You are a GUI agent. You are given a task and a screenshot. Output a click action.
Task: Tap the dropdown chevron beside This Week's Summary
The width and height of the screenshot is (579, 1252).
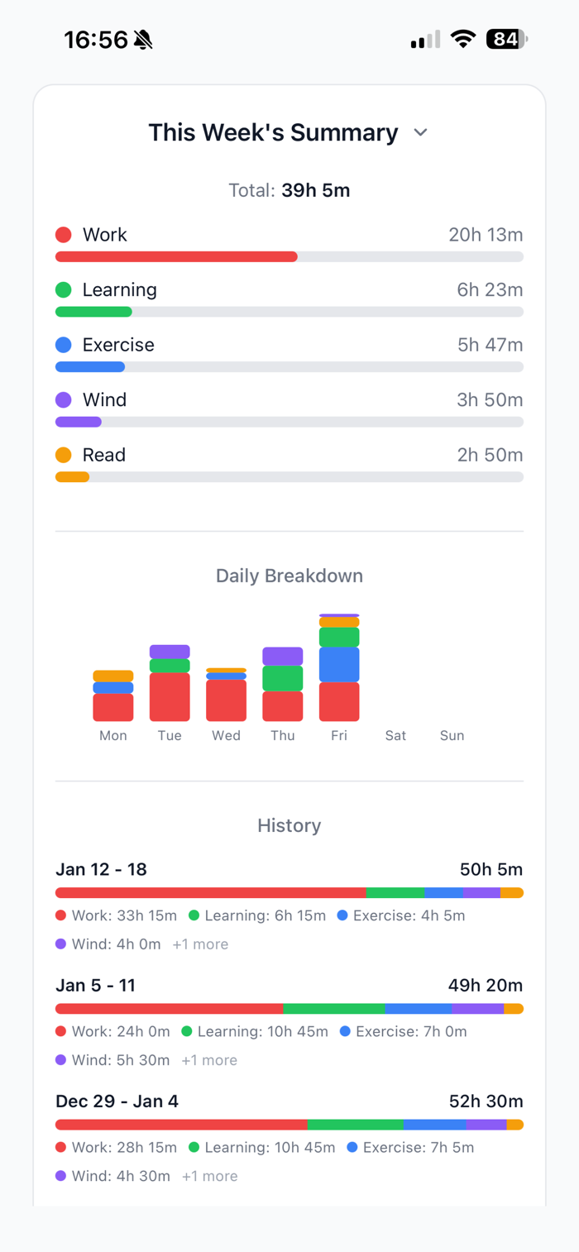(420, 133)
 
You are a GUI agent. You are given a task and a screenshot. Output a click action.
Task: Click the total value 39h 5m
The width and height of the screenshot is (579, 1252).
(315, 190)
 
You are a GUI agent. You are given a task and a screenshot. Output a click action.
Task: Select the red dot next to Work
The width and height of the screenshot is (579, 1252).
(64, 235)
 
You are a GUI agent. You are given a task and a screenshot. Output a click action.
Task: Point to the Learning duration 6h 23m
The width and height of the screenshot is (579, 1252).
(490, 289)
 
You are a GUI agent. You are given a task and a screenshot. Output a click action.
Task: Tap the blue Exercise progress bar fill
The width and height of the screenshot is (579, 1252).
(90, 366)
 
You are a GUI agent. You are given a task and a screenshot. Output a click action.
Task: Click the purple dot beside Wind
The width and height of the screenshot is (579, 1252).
(64, 399)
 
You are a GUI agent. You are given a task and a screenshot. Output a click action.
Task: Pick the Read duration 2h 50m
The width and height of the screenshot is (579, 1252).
(490, 455)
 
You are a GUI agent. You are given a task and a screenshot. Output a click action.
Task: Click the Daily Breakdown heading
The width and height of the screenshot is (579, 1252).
(289, 576)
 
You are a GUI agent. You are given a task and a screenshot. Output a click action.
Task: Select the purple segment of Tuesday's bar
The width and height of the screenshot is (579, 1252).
(170, 652)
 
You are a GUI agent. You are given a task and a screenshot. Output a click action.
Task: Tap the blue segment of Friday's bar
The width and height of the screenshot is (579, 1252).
(339, 664)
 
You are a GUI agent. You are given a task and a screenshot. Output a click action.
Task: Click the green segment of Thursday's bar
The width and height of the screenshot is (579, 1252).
(283, 678)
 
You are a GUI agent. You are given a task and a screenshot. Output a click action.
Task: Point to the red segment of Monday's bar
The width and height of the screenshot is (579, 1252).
(113, 707)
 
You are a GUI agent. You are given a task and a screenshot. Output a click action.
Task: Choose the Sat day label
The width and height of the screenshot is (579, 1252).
(395, 735)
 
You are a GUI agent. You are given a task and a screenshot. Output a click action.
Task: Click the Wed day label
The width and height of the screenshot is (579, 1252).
(226, 735)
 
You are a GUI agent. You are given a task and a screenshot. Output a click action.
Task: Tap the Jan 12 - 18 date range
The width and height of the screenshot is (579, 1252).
(101, 869)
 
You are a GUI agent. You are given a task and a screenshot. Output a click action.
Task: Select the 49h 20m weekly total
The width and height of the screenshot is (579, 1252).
(491, 985)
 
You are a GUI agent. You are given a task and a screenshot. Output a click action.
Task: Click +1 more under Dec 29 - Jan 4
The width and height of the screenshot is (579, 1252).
(209, 1176)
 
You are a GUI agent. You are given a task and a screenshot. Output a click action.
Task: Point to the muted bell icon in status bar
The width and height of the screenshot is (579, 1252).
(143, 39)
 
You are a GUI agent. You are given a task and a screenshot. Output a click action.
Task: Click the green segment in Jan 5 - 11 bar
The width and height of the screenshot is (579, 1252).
(333, 1009)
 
